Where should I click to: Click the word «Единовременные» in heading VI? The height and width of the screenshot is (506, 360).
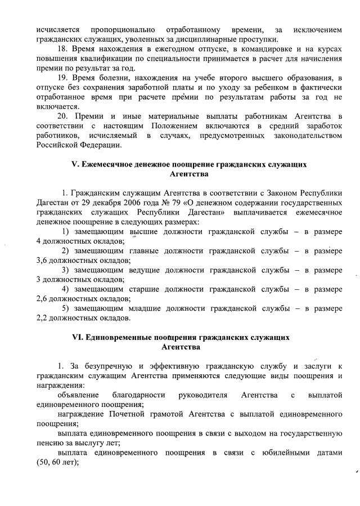click(120, 338)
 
